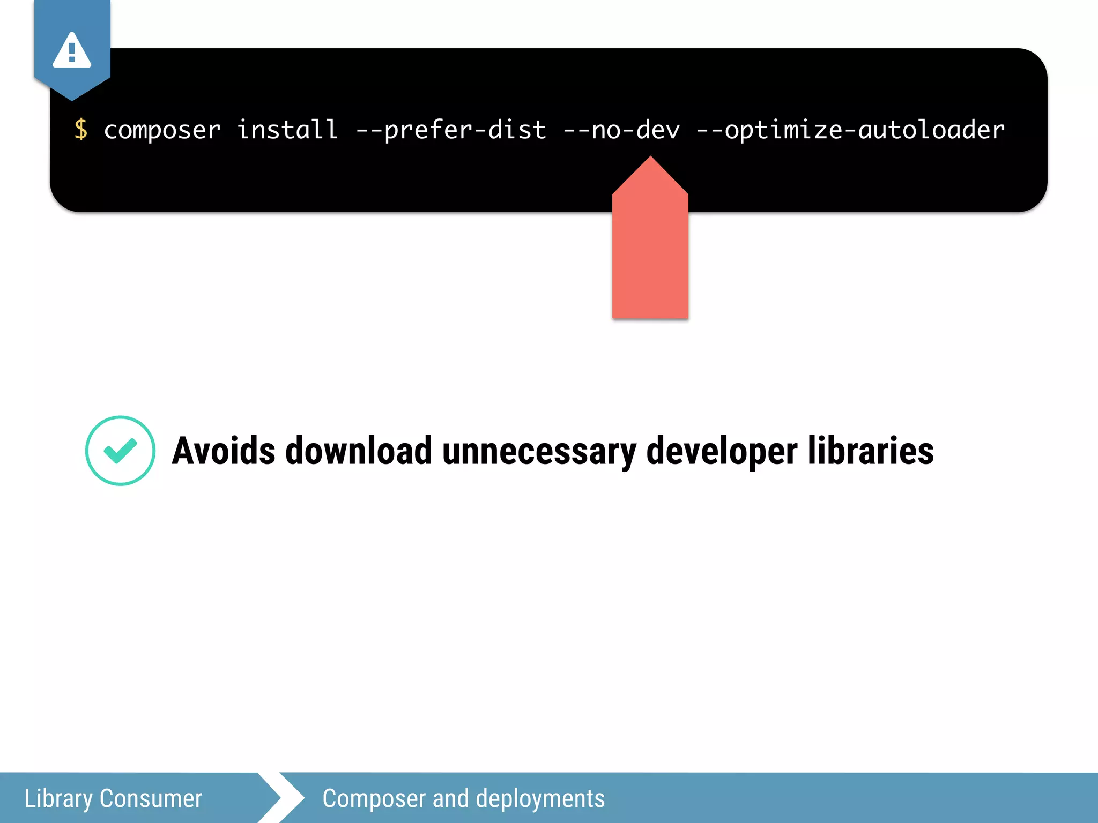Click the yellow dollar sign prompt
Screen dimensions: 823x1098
click(x=81, y=130)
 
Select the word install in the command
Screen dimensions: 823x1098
click(x=287, y=130)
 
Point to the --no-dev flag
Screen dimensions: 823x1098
click(x=621, y=130)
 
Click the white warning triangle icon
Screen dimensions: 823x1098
click(x=72, y=51)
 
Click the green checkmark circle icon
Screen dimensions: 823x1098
click(x=121, y=451)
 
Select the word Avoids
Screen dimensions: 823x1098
click(x=224, y=451)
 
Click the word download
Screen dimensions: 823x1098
click(x=359, y=451)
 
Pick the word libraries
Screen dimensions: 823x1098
click(x=871, y=451)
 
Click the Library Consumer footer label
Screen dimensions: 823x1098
click(x=113, y=798)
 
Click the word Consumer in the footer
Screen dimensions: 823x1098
click(x=151, y=798)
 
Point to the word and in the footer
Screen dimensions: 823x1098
click(x=450, y=798)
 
